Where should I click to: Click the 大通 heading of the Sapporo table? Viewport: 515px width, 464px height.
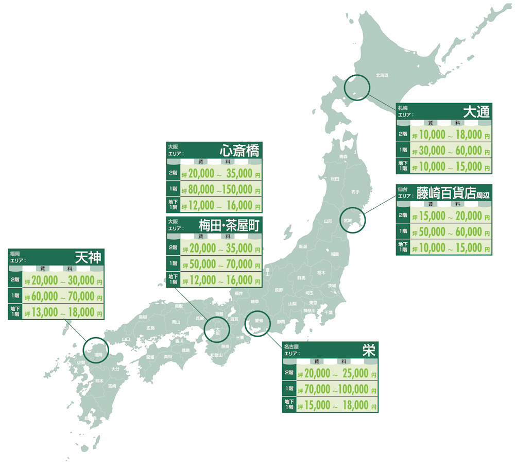(x=475, y=111)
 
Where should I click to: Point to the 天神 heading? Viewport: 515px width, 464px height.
(x=88, y=257)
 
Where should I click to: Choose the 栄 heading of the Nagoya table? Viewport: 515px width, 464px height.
(x=368, y=350)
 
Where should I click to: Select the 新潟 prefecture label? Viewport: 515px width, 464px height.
(x=303, y=247)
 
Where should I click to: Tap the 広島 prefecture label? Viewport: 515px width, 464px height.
(x=150, y=328)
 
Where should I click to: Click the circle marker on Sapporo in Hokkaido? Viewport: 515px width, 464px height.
(x=357, y=87)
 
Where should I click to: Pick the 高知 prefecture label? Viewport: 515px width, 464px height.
(x=168, y=357)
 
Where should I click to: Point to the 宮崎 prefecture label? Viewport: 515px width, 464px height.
(x=112, y=386)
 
